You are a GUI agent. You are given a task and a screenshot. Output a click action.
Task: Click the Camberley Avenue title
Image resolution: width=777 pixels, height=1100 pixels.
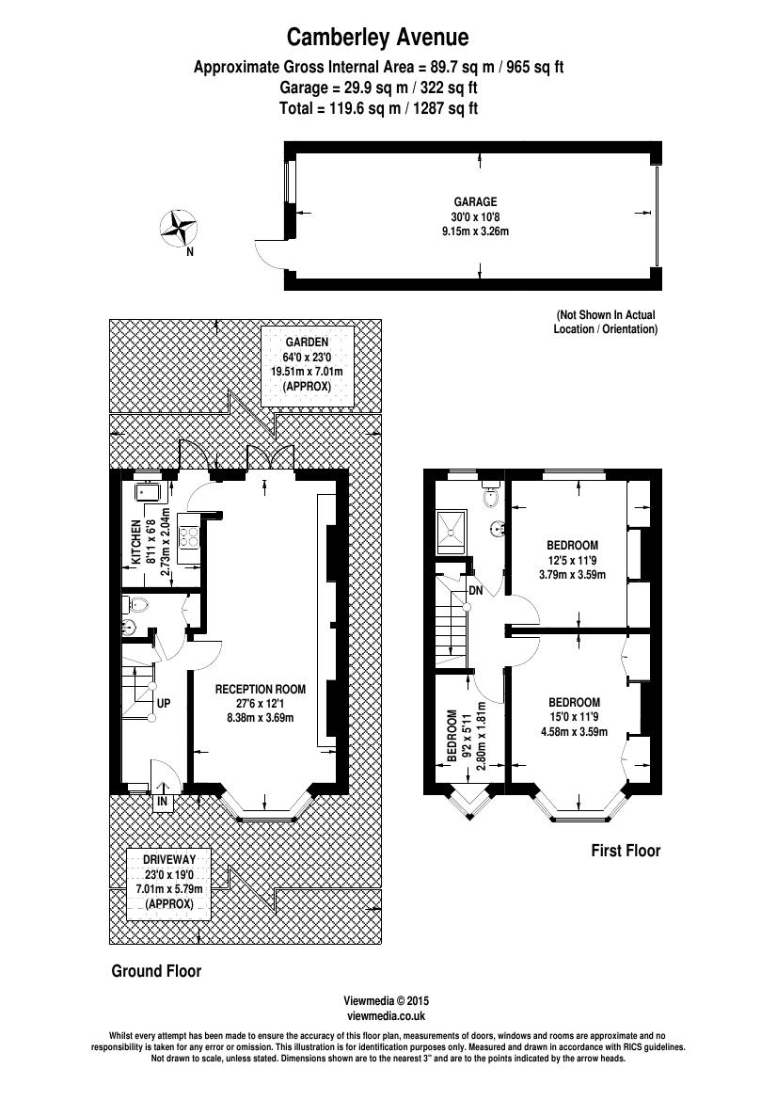pos(377,38)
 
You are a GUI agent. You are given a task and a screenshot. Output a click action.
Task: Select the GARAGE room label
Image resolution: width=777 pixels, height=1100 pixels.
pos(475,202)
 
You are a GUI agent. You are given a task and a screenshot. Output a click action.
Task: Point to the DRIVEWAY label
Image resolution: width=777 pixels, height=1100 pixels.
pos(169,860)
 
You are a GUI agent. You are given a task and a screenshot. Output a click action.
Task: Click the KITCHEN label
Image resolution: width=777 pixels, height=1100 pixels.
pos(135,542)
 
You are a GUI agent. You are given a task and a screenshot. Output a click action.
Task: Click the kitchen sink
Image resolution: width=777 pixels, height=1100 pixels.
pos(147,491)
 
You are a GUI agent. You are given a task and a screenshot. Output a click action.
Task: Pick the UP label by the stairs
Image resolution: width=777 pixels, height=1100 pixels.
pos(163,703)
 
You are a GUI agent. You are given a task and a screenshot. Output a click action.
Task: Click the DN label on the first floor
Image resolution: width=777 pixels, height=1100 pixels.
pos(475,590)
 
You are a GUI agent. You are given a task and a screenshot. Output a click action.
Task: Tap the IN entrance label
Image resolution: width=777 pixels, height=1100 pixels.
pos(163,802)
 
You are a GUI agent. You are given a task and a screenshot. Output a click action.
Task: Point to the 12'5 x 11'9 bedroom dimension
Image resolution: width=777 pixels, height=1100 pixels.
pos(572,560)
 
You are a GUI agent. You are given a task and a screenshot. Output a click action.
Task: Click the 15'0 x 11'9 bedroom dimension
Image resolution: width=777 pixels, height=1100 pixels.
pos(574,717)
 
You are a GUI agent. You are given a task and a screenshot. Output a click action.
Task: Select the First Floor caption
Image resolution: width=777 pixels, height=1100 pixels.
pos(626,851)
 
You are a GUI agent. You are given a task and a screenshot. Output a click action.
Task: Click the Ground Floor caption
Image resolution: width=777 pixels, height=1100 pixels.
pos(156,971)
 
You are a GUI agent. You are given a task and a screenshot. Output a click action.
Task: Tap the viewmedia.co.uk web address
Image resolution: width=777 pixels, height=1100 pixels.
pos(387,1015)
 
